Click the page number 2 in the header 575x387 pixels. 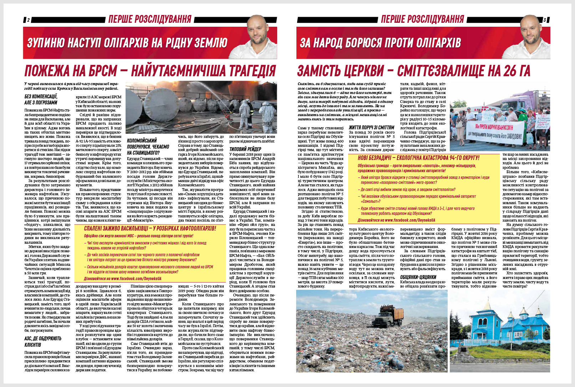(28, 20)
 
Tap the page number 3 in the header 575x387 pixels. (544, 20)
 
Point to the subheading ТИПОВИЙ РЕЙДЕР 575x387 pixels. (245, 149)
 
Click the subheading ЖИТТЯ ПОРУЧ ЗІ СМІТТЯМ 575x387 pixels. (371, 128)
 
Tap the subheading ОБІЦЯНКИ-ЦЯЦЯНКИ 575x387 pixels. (418, 277)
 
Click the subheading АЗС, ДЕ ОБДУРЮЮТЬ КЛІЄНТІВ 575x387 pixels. (43, 341)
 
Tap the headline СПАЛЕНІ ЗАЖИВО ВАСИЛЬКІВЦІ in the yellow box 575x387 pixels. (150, 228)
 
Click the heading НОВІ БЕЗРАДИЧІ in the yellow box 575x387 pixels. (418, 158)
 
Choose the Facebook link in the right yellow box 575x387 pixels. (396, 220)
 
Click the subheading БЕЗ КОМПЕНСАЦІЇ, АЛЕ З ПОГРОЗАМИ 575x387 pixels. (41, 99)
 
